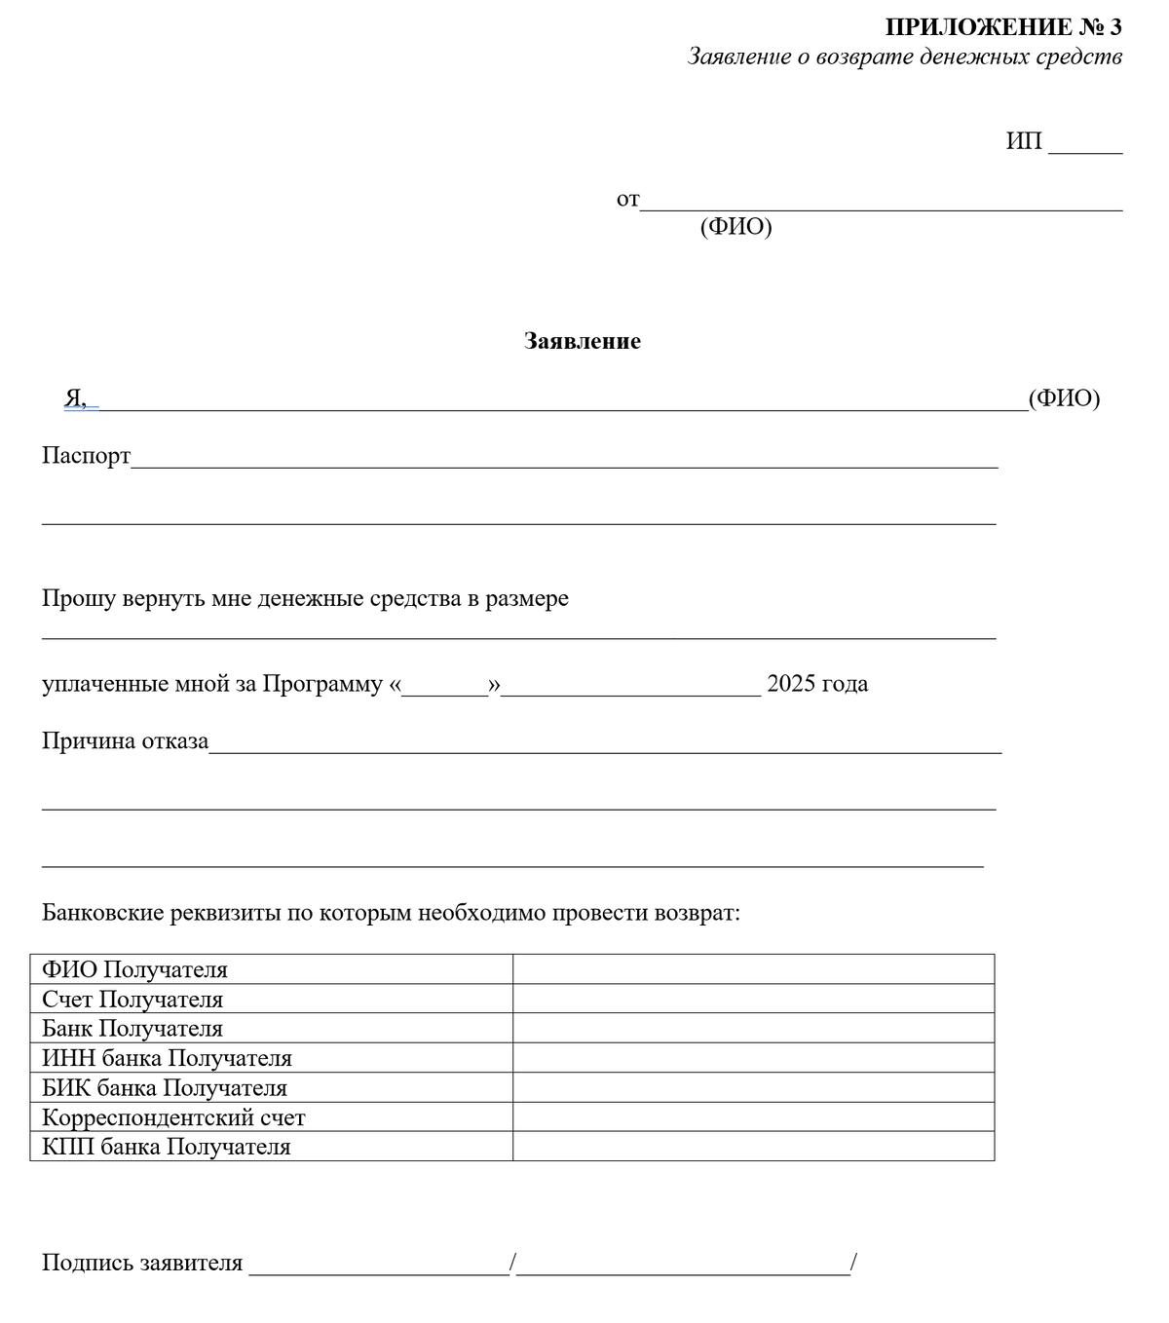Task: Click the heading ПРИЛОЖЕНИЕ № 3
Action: coord(1002,27)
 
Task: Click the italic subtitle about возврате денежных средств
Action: coord(904,57)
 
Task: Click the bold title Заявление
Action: coord(582,341)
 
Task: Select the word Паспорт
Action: coord(86,456)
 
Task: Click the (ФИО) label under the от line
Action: coord(735,227)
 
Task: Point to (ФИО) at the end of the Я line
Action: coord(1064,397)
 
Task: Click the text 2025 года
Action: coord(816,684)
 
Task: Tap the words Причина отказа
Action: coord(125,741)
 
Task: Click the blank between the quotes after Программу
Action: coord(444,687)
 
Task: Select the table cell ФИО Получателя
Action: coord(134,970)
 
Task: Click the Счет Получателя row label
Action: coord(132,1000)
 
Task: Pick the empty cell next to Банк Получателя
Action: coord(752,1029)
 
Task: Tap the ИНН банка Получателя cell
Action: coord(167,1058)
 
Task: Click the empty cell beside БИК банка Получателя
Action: coord(752,1087)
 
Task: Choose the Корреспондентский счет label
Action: coord(173,1117)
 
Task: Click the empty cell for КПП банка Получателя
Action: coord(752,1147)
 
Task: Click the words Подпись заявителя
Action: coord(142,1264)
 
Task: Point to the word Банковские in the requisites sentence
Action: coord(102,914)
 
